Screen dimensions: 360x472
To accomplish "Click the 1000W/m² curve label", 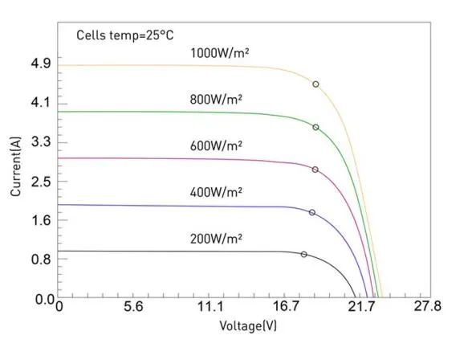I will tap(219, 53).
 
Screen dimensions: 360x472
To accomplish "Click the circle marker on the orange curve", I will tap(315, 84).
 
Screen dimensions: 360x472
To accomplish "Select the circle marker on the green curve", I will tap(315, 128).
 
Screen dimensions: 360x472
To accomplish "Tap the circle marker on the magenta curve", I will tap(315, 170).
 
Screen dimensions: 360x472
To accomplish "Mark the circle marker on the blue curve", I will tap(312, 212).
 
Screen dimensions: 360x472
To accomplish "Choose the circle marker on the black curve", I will tap(303, 254).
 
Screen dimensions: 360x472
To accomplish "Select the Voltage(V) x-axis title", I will tap(248, 326).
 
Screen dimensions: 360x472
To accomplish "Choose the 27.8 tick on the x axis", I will tap(426, 307).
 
